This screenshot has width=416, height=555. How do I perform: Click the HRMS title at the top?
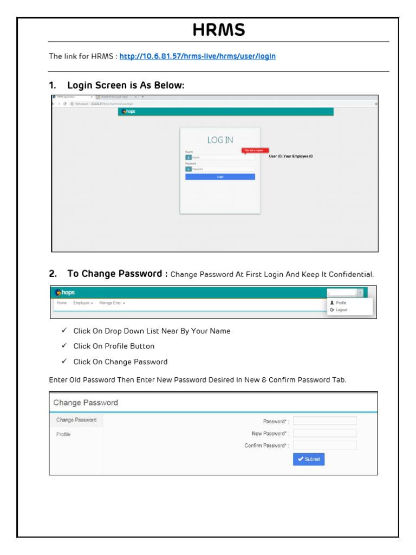pos(218,30)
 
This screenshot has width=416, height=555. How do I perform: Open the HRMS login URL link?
pos(197,56)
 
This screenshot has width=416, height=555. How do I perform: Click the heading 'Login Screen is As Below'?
pos(125,86)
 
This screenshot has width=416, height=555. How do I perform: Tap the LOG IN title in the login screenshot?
pos(220,140)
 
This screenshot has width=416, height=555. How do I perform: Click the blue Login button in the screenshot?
pos(220,177)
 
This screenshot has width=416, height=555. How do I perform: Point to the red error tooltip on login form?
pos(255,151)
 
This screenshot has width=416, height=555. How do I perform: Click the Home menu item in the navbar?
pos(62,303)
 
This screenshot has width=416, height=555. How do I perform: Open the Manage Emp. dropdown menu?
pos(112,303)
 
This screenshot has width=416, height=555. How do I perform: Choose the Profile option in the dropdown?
pos(341,303)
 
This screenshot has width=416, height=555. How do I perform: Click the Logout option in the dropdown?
pos(341,310)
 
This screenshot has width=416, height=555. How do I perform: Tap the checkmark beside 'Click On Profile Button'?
pos(64,346)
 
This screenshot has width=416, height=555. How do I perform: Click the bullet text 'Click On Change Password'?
pos(120,362)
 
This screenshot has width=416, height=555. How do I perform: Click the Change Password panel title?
pos(86,403)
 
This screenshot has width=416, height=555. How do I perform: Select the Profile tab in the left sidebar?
pos(63,434)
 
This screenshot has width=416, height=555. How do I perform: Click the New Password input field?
pos(324,433)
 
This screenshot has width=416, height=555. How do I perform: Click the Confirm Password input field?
pos(324,445)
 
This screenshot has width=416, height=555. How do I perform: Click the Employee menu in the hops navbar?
pos(83,303)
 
